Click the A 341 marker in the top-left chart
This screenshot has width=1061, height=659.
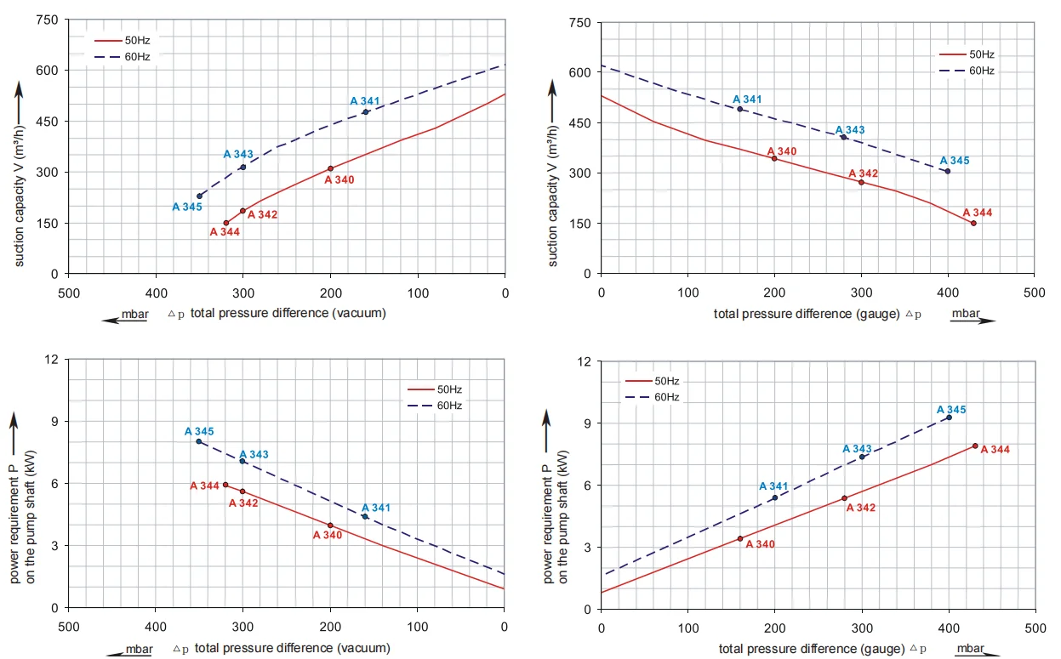(366, 112)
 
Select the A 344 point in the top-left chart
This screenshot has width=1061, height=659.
(226, 223)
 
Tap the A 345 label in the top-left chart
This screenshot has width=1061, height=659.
(187, 207)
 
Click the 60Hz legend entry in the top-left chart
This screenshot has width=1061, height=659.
(123, 57)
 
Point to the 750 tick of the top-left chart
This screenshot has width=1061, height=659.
(47, 20)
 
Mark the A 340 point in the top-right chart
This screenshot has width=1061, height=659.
(774, 159)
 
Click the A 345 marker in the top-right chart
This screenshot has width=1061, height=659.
(948, 172)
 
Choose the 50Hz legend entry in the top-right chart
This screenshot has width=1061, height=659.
(967, 54)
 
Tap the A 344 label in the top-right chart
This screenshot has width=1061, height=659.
(977, 213)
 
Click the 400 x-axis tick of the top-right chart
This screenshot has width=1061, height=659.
(948, 293)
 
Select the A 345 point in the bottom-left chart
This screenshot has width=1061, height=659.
(199, 441)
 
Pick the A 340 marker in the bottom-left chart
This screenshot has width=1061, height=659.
(330, 525)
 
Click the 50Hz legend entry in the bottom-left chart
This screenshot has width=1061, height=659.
(435, 389)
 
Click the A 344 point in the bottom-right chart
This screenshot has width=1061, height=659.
(975, 446)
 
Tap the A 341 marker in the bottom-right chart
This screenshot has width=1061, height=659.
(775, 497)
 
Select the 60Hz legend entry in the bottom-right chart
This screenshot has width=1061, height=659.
(653, 397)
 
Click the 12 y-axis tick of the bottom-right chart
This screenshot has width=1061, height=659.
(585, 361)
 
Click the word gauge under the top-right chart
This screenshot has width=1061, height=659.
(878, 314)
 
